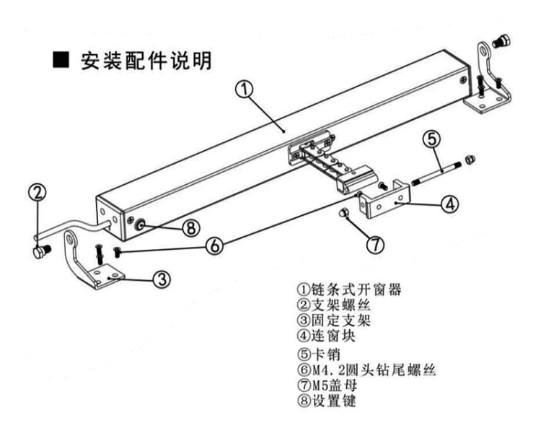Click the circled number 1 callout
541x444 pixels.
[x=244, y=90]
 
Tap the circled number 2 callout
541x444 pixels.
[x=38, y=192]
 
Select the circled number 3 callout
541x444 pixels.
[x=162, y=279]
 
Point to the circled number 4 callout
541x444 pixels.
[x=449, y=204]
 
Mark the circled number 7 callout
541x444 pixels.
[x=374, y=244]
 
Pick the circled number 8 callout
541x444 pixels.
[x=190, y=227]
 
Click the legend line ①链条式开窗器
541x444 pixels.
[x=349, y=290]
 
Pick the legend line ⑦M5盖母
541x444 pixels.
[x=331, y=386]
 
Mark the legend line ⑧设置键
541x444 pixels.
[x=332, y=402]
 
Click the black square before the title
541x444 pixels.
[x=62, y=61]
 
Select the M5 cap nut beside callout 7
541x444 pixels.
[x=345, y=212]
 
